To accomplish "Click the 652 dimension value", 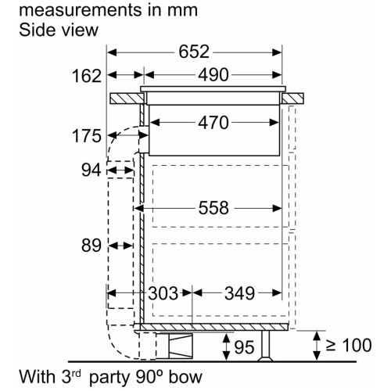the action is (194, 52).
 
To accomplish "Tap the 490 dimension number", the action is (213, 75).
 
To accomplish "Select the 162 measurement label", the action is (87, 76).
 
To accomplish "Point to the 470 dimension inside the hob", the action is (213, 123).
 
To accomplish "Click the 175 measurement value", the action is (87, 136).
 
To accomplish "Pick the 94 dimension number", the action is (91, 170).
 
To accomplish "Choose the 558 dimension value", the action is (213, 208).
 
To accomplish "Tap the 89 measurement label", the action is (91, 246).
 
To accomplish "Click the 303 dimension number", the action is (163, 293).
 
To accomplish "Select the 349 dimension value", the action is (239, 293).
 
